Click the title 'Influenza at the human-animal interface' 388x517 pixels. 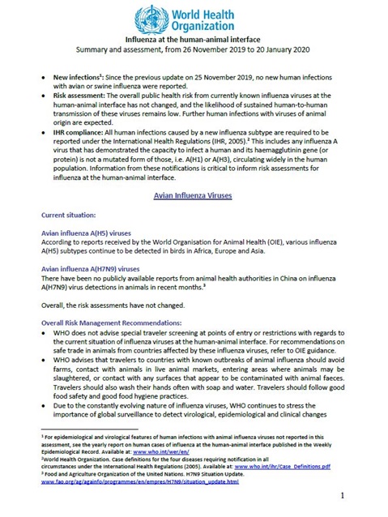pyautogui.click(x=194, y=38)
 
